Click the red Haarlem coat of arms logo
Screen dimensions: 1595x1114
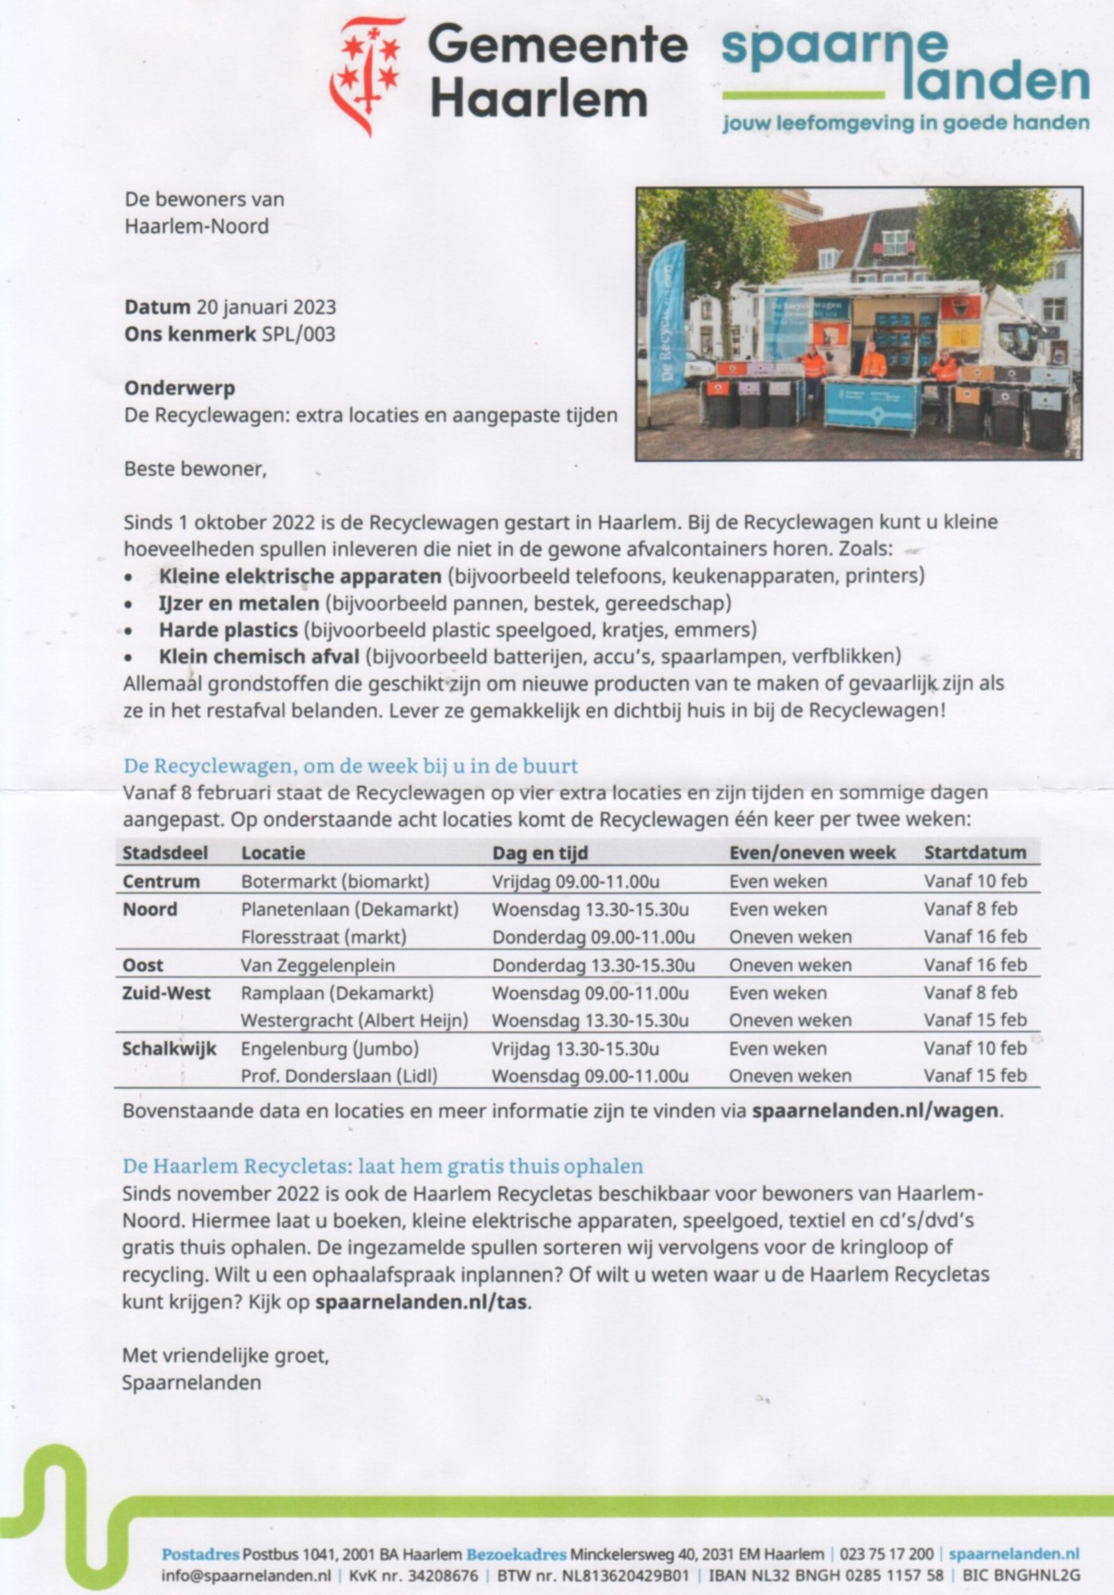point(366,75)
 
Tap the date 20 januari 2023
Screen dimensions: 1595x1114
point(266,307)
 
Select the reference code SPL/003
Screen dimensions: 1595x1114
point(298,334)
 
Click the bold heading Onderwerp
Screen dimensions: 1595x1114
point(180,388)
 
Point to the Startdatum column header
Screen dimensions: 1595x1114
point(975,852)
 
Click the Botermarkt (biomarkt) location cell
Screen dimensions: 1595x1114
point(335,881)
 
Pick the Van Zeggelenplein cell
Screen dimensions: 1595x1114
point(317,965)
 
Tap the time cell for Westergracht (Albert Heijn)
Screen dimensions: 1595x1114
point(590,1020)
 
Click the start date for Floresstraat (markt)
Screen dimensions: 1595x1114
point(975,937)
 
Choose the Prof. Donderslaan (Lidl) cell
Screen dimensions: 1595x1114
point(339,1076)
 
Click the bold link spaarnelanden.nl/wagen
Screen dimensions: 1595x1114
point(875,1110)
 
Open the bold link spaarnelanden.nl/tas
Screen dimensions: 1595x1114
point(421,1301)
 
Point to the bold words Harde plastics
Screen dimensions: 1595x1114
point(228,630)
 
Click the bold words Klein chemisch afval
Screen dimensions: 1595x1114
point(259,656)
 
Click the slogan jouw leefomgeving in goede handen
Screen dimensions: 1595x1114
point(905,123)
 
